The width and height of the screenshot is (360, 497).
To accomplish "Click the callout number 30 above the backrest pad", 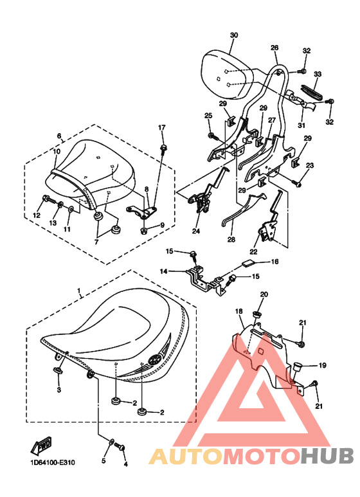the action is pyautogui.click(x=233, y=35).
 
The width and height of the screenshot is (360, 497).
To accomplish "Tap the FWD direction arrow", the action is pyautogui.click(x=41, y=446).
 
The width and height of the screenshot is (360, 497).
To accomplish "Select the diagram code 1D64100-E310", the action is pyautogui.click(x=53, y=462).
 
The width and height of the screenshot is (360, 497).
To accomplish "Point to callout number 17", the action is pyautogui.click(x=161, y=127).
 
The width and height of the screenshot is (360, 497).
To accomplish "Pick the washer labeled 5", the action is pyautogui.click(x=112, y=442).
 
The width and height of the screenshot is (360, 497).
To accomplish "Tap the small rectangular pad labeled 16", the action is pyautogui.click(x=249, y=262).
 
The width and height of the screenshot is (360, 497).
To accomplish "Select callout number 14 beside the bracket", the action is pyautogui.click(x=163, y=271).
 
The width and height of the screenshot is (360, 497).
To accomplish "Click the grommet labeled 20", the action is pyautogui.click(x=256, y=314).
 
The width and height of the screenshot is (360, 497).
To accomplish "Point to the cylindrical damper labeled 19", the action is pyautogui.click(x=298, y=366).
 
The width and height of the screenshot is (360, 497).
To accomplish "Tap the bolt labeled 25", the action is pyautogui.click(x=213, y=136).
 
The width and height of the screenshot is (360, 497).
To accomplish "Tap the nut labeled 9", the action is pyautogui.click(x=144, y=230).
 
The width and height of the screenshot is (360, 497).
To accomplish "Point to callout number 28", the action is pyautogui.click(x=231, y=240).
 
